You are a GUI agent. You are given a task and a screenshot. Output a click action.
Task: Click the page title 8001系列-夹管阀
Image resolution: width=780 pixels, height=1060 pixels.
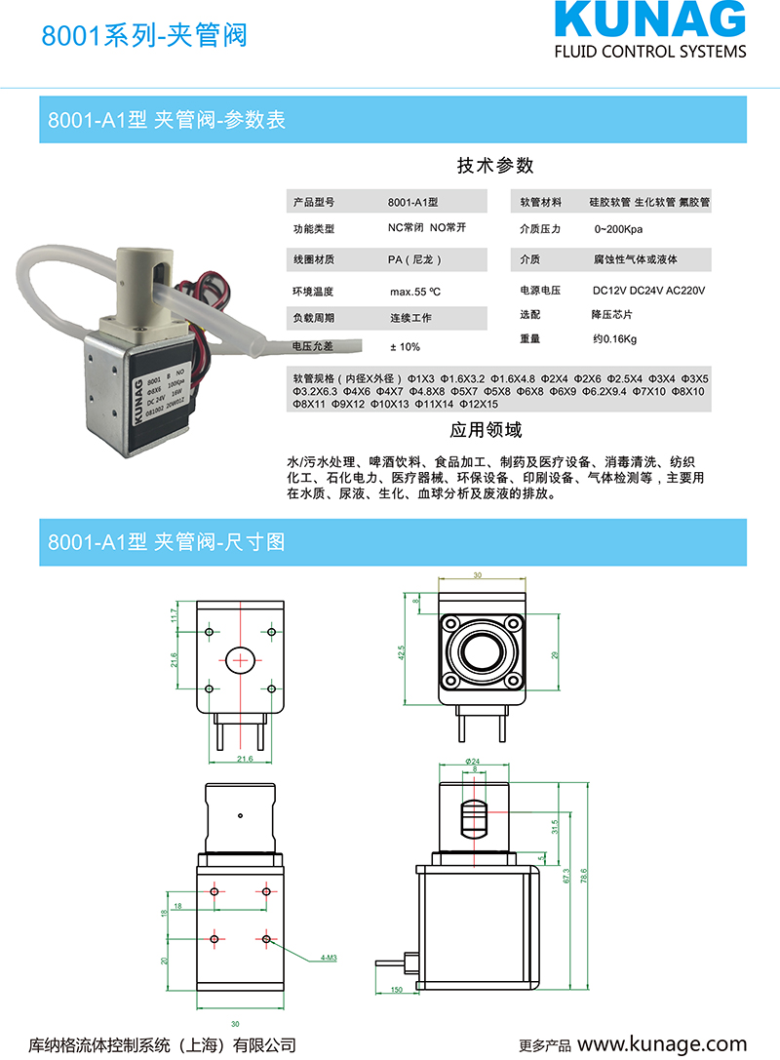[x=143, y=36]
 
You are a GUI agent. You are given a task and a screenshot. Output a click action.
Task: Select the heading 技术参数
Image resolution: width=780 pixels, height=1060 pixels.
[x=495, y=166]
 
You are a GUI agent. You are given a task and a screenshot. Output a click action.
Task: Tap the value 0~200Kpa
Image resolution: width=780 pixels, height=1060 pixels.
[x=618, y=230]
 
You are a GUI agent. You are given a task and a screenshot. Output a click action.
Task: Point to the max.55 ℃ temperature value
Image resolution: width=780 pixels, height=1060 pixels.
[x=415, y=292]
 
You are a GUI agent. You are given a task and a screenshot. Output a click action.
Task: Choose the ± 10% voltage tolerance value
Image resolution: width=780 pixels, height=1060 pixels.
[x=405, y=347]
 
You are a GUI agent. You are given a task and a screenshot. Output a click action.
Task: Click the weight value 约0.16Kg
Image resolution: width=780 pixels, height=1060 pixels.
[x=614, y=339]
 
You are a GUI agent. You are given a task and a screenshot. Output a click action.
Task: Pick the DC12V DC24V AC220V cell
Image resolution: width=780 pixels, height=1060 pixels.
[x=648, y=291]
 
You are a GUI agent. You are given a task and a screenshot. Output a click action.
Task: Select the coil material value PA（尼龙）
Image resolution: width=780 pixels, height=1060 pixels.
[x=414, y=260]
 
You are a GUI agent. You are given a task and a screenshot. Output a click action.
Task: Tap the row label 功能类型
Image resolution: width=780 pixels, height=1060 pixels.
[x=313, y=230]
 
